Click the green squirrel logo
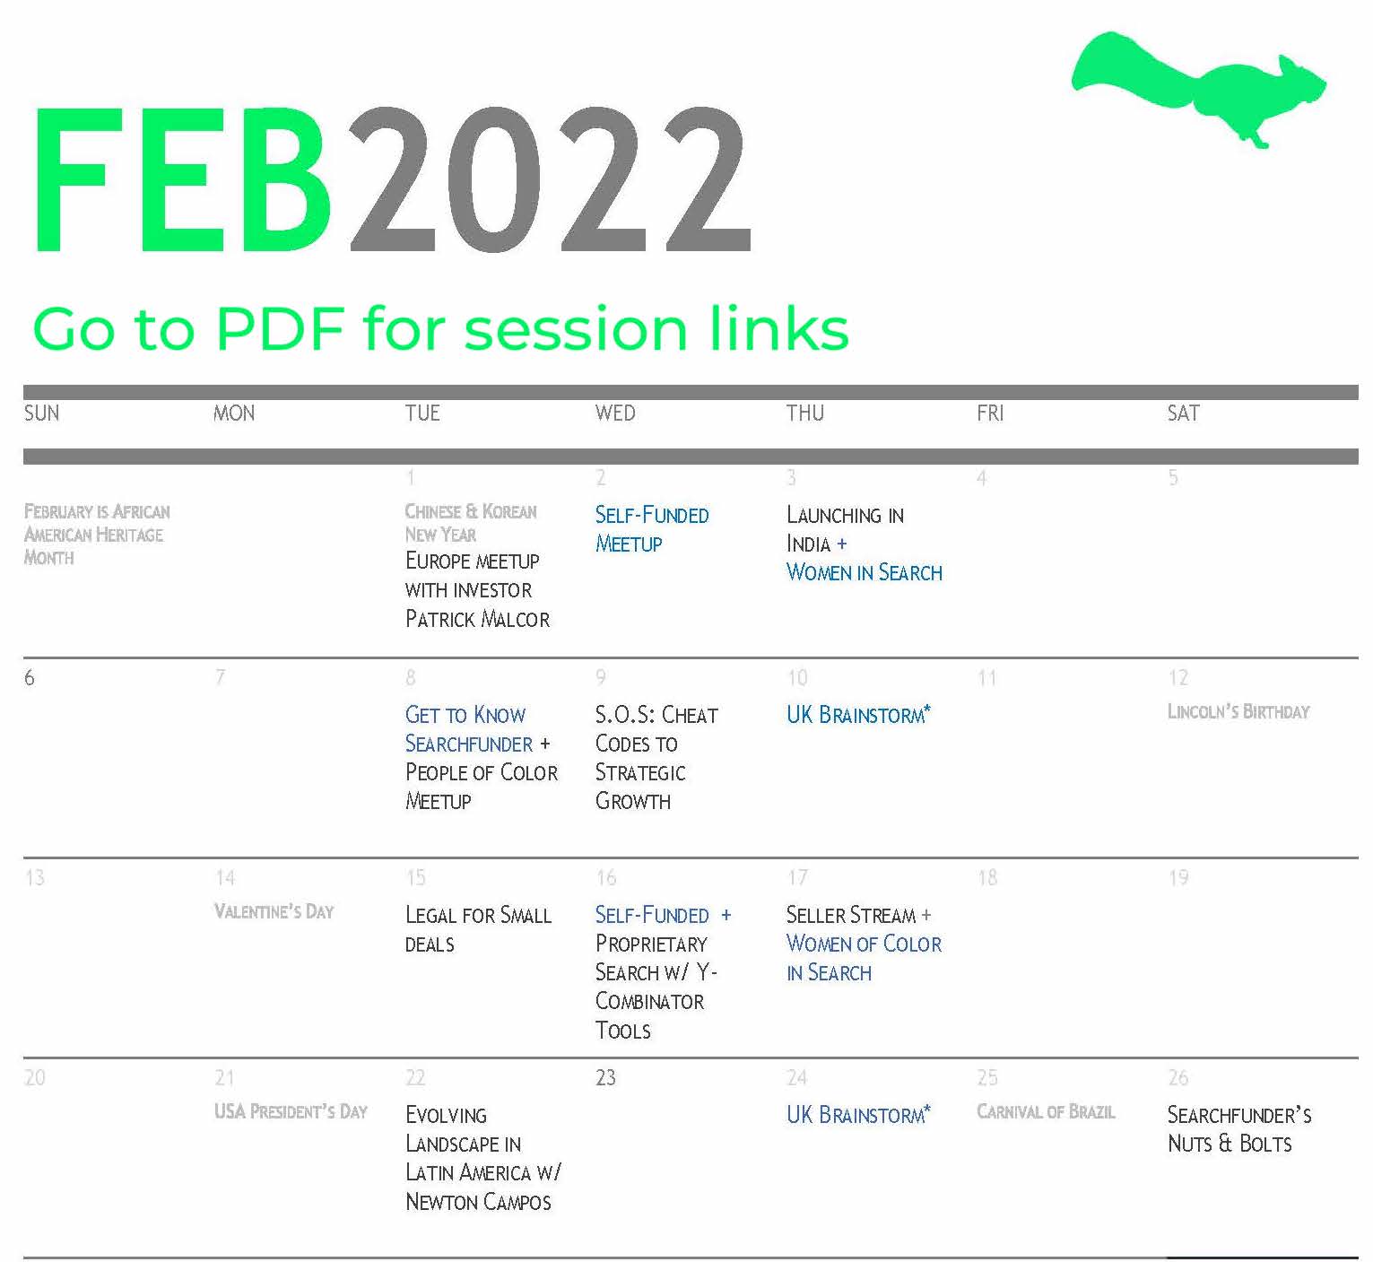[1198, 88]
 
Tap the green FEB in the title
[184, 180]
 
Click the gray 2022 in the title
[550, 180]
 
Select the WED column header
[614, 413]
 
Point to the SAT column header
[1183, 413]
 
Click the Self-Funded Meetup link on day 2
[652, 529]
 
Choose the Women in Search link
[864, 572]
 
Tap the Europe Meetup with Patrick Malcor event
[477, 589]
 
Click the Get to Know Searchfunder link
[469, 729]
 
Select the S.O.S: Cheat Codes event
[656, 758]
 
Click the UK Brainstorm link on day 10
[858, 714]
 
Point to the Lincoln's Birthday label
[1238, 712]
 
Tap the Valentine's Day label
[274, 912]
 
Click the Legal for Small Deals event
[478, 929]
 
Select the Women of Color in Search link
[864, 958]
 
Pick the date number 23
[605, 1078]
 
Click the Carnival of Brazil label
[1046, 1112]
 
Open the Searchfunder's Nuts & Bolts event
[1239, 1129]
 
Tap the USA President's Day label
[291, 1112]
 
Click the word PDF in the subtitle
[280, 328]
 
